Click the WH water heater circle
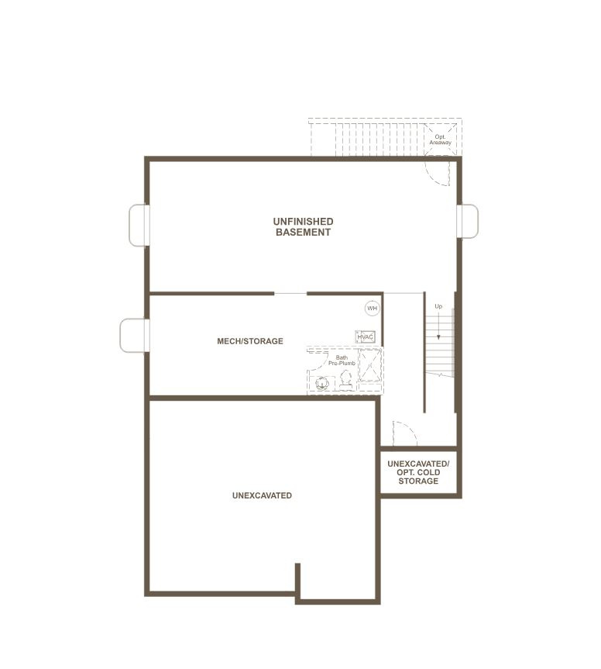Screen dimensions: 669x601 pos(373,309)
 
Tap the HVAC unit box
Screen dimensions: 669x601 pos(366,337)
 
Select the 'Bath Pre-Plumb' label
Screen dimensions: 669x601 pos(342,360)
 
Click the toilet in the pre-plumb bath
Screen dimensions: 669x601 pos(345,379)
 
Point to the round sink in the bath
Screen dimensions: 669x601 pos(321,381)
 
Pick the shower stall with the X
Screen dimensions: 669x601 pos(369,365)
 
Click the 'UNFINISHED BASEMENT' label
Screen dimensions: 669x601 pos(303,226)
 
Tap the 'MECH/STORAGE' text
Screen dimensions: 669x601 pos(250,341)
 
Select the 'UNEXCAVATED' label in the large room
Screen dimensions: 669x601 pos(262,495)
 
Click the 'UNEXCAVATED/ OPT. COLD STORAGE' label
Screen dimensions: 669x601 pos(418,472)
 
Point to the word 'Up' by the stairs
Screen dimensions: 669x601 pos(438,306)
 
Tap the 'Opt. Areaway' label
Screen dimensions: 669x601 pos(440,140)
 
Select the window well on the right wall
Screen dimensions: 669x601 pos(469,221)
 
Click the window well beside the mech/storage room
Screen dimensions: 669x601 pos(133,336)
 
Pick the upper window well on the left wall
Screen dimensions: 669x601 pos(138,225)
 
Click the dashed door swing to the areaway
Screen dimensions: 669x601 pos(438,173)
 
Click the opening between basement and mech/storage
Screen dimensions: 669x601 pos(290,294)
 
